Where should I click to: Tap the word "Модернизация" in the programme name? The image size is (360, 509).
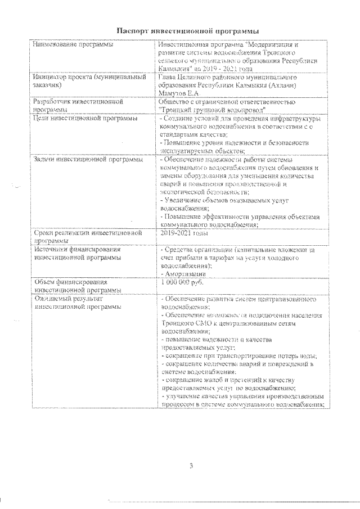[273, 44]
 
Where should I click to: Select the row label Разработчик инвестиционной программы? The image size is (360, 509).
[70, 102]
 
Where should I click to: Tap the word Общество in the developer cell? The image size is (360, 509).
[176, 102]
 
